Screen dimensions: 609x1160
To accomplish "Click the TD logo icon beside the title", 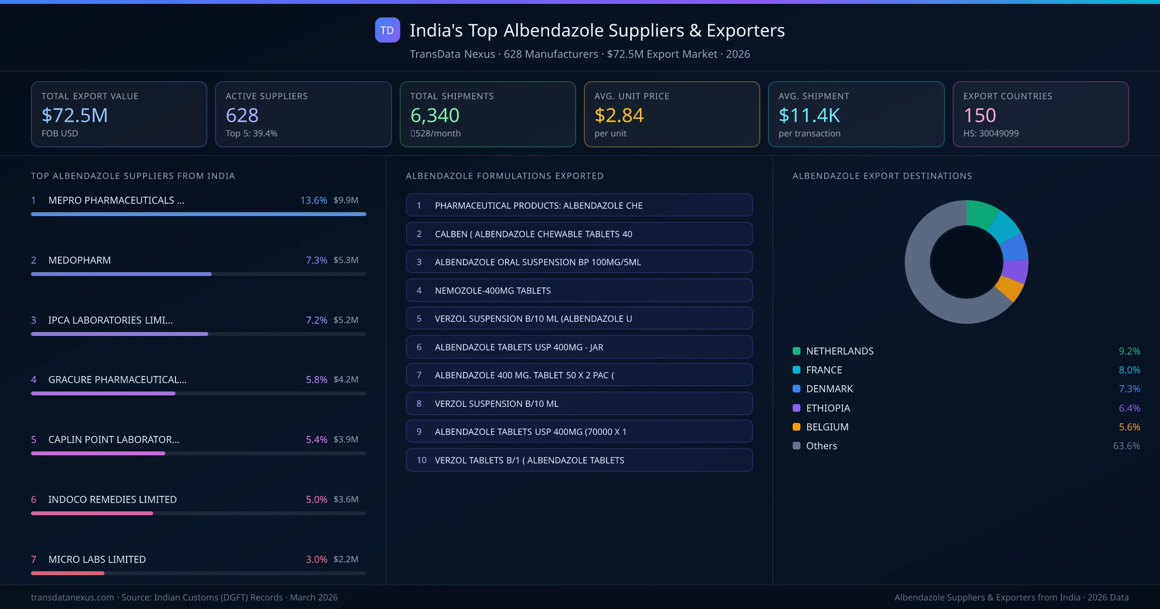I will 387,30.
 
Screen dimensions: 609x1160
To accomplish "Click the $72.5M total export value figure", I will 75,116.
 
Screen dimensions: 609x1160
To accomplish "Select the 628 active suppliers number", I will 242,116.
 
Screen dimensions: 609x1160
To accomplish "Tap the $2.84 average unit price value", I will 619,116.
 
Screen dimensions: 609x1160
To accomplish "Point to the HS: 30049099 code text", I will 990,133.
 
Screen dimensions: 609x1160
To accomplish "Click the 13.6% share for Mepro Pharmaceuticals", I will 313,200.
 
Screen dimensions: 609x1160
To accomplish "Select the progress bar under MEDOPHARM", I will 121,274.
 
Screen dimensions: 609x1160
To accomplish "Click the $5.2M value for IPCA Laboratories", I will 346,320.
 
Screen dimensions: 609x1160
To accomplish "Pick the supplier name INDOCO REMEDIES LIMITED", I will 112,499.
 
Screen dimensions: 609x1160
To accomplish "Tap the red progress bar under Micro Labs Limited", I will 68,573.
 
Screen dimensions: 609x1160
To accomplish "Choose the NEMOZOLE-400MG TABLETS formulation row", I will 579,290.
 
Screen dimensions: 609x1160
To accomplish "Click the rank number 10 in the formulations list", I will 421,460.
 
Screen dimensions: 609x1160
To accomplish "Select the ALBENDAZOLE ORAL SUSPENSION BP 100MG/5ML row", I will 579,262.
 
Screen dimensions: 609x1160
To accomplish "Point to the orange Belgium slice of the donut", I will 1010,288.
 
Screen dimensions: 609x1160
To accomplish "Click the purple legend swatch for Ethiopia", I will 797,408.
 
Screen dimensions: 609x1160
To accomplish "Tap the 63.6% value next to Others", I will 1126,446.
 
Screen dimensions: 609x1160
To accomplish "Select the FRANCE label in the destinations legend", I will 824,370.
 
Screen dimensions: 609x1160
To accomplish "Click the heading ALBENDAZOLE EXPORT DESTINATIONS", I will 882,176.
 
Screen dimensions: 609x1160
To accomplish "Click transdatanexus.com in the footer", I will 72,597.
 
